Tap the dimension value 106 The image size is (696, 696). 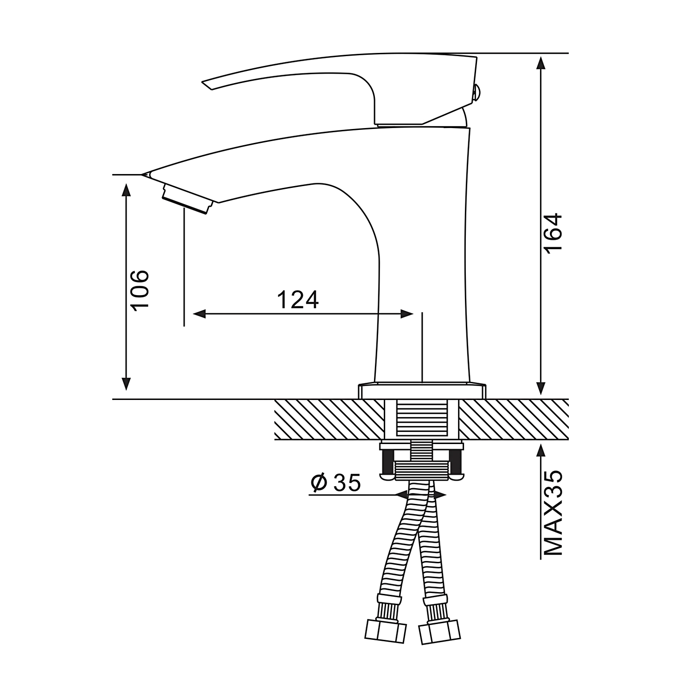(139, 289)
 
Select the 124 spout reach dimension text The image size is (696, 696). (298, 300)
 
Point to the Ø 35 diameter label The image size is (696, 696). (335, 483)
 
